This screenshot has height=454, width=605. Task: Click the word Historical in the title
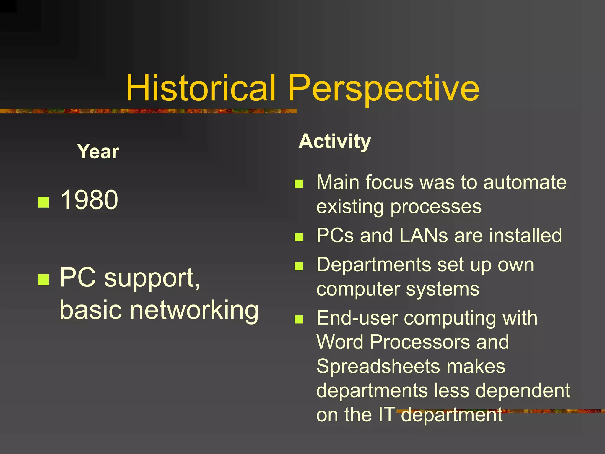pyautogui.click(x=201, y=88)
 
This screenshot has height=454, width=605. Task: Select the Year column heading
pyautogui.click(x=98, y=152)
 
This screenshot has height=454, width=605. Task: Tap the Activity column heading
pyautogui.click(x=334, y=141)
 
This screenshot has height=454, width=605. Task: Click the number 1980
pyautogui.click(x=89, y=200)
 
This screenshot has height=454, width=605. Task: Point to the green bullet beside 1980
pyautogui.click(x=43, y=202)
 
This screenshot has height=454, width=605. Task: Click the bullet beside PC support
pyautogui.click(x=43, y=279)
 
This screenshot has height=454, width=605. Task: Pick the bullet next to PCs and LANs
pyautogui.click(x=299, y=237)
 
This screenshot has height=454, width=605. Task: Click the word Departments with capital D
pyautogui.click(x=373, y=265)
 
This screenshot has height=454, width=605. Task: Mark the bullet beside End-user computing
pyautogui.click(x=299, y=319)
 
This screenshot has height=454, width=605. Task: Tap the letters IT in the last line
pyautogui.click(x=386, y=414)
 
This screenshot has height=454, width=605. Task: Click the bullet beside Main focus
pyautogui.click(x=299, y=184)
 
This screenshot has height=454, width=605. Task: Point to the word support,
pyautogui.click(x=152, y=278)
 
